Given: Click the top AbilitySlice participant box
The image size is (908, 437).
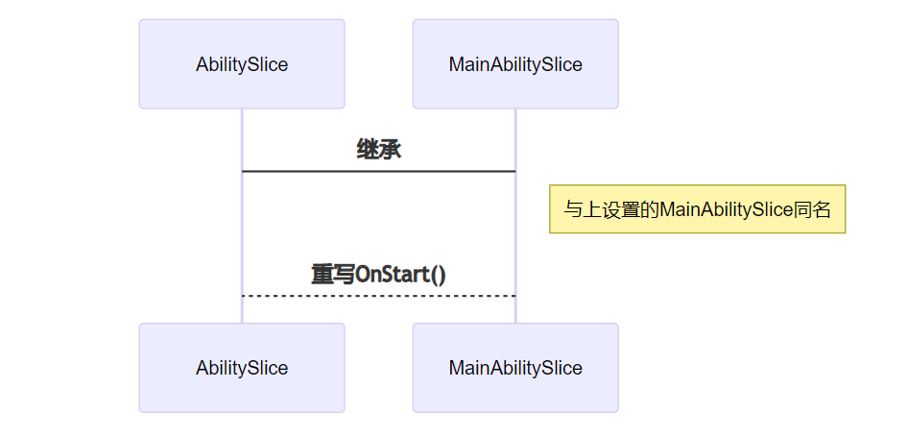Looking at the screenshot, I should pyautogui.click(x=242, y=64).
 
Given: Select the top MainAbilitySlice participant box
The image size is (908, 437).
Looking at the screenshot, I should pyautogui.click(x=515, y=64).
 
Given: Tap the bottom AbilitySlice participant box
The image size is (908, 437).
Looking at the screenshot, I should pyautogui.click(x=242, y=368).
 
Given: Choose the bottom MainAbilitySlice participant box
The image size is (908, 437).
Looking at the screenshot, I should pyautogui.click(x=515, y=368).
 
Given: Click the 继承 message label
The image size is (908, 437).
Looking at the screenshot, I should pyautogui.click(x=378, y=149).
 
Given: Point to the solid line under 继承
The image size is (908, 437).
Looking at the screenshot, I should pyautogui.click(x=378, y=171).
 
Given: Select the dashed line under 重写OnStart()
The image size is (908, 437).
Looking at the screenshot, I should pyautogui.click(x=378, y=296).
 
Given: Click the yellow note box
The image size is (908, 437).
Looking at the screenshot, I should pyautogui.click(x=697, y=209).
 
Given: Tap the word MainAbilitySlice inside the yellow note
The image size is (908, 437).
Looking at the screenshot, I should pyautogui.click(x=726, y=209).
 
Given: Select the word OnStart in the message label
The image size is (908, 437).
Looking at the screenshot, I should pyautogui.click(x=391, y=274).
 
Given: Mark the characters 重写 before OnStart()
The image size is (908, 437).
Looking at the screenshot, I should pyautogui.click(x=333, y=274).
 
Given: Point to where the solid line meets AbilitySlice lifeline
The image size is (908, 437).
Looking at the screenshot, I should pyautogui.click(x=242, y=171).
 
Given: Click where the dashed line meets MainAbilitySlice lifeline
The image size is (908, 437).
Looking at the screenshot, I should pyautogui.click(x=515, y=296).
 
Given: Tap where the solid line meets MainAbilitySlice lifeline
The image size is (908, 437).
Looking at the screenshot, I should pyautogui.click(x=515, y=171).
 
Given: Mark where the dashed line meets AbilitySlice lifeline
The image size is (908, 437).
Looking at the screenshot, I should pyautogui.click(x=242, y=296).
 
